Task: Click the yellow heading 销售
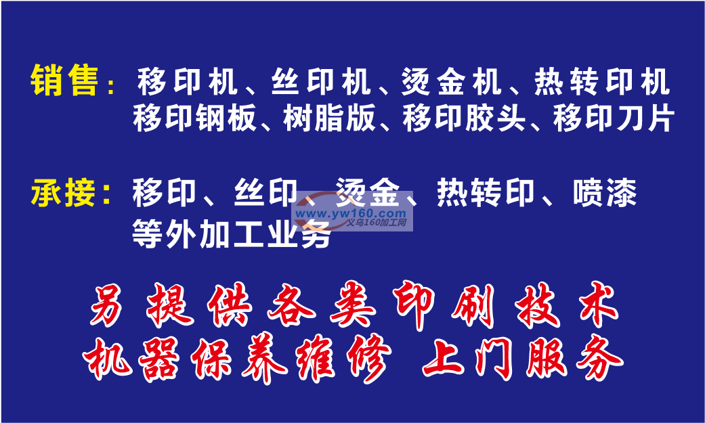(x=64, y=81)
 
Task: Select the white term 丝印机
(x=321, y=81)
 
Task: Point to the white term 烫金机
(x=451, y=81)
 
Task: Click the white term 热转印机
(x=602, y=81)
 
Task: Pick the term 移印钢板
(x=194, y=118)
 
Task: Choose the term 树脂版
(x=329, y=118)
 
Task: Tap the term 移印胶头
(x=464, y=118)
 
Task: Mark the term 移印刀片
(x=614, y=118)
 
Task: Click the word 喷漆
(x=605, y=193)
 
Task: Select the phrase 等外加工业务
(x=232, y=235)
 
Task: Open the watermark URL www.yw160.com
(x=351, y=213)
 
